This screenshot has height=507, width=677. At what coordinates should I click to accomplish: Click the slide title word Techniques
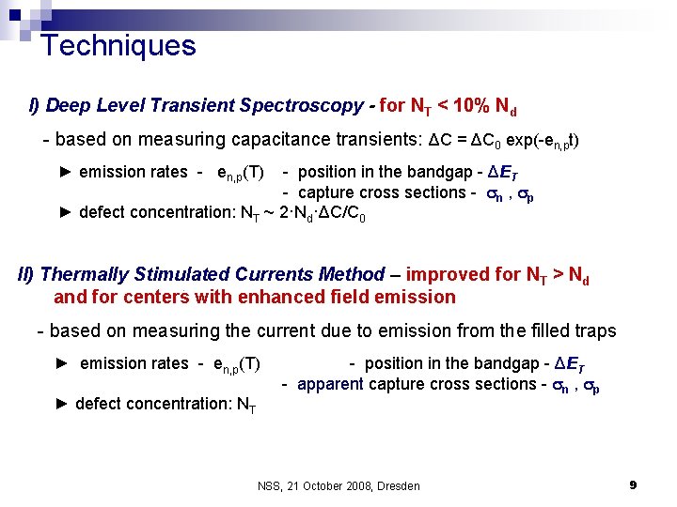pyautogui.click(x=118, y=45)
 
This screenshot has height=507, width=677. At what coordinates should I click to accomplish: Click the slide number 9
pyautogui.click(x=633, y=484)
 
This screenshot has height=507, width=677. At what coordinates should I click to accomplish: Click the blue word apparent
pyautogui.click(x=330, y=383)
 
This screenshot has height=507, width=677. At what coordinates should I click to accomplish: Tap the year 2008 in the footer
pyautogui.click(x=354, y=485)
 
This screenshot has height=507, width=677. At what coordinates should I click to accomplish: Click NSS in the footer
pyautogui.click(x=270, y=485)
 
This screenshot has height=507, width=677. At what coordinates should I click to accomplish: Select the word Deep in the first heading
pyautogui.click(x=66, y=105)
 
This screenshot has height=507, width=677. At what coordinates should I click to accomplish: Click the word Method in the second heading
pyautogui.click(x=347, y=275)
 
